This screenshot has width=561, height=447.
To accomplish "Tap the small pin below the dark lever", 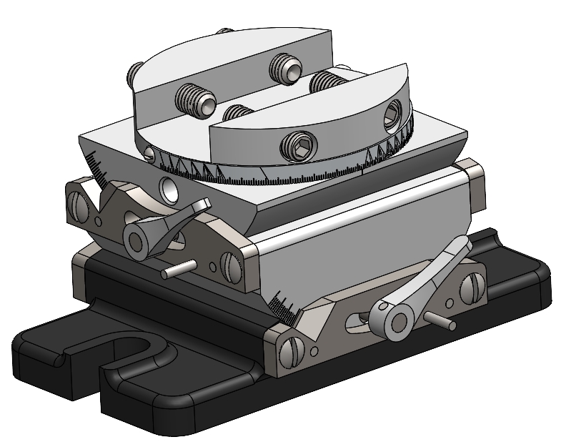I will click(x=177, y=271).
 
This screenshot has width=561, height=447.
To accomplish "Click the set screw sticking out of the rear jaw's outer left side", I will click(x=135, y=72).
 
